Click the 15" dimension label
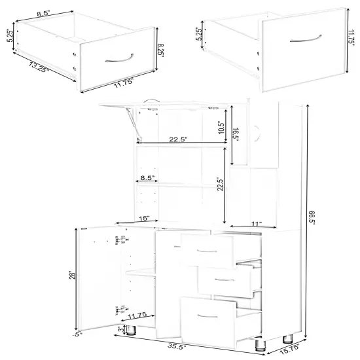[x=144, y=218]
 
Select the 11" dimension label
[x=256, y=225]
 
